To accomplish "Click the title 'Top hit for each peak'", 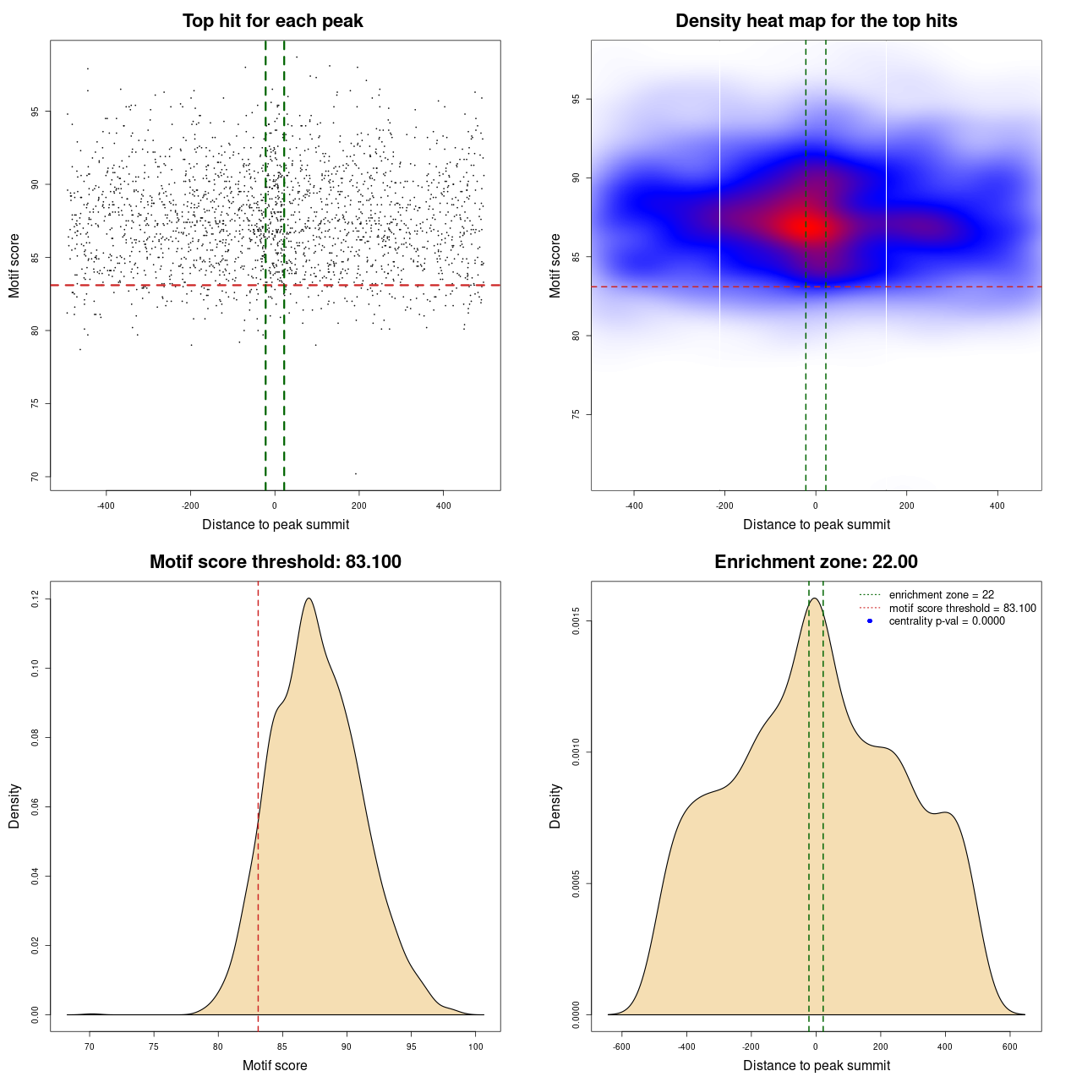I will click(273, 21).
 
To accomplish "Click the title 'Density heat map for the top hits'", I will click(816, 21).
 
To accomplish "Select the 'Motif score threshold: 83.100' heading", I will click(275, 562).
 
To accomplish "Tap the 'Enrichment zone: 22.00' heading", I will click(816, 562).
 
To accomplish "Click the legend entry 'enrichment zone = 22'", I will click(941, 595).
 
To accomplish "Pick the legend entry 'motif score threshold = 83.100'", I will click(962, 608).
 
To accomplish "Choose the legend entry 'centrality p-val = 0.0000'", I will click(947, 621).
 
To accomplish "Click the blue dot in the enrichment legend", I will click(870, 621).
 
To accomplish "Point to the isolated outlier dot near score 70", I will click(355, 473).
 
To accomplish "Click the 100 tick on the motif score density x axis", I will click(475, 1046).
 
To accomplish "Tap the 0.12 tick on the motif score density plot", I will click(36, 599).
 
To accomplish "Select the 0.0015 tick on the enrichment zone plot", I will click(577, 621).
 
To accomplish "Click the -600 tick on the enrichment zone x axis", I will click(621, 1046).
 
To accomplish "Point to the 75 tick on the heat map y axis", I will click(577, 414).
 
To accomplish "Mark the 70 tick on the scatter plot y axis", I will click(36, 477).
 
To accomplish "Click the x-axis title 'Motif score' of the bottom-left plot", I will click(275, 1066).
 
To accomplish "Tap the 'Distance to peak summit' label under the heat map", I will click(816, 525).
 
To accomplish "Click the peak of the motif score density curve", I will click(309, 598).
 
